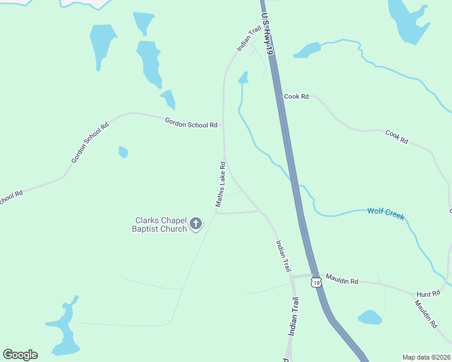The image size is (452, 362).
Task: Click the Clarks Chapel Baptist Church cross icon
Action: [196, 224]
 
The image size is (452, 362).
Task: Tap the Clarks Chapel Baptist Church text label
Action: [160, 224]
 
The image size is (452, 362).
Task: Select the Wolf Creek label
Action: [386, 213]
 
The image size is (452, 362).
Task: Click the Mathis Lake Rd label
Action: [221, 184]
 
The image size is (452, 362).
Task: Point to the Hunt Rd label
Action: [428, 294]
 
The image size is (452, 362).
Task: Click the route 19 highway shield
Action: [316, 282]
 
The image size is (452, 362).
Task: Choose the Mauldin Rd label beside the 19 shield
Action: [342, 281]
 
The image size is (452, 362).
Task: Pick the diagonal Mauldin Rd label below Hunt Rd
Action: [425, 312]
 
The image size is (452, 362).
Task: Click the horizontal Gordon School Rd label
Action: [191, 123]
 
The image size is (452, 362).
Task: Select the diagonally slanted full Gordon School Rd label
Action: [89, 142]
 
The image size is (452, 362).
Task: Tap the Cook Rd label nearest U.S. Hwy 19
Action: [297, 96]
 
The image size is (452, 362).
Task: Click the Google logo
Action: [20, 355]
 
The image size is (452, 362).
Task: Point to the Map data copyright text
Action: [426, 357]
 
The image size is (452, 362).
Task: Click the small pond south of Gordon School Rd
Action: [123, 151]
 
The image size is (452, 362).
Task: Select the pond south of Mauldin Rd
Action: [370, 317]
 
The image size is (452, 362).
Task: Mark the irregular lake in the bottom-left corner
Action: [63, 329]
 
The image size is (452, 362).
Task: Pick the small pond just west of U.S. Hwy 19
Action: [244, 77]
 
